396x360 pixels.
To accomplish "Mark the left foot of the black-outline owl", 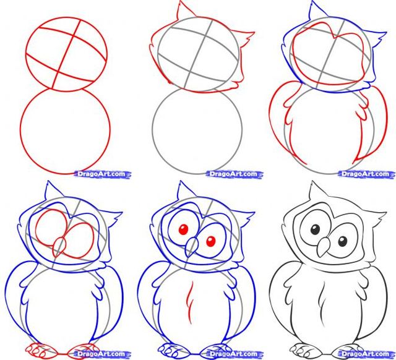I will (x=303, y=346).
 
